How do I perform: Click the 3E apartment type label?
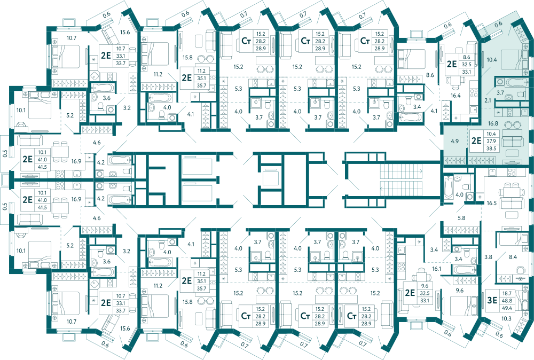492,300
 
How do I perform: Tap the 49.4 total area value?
507,308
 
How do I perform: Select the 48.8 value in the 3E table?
507,300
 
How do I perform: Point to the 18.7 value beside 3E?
507,293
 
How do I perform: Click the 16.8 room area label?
493,123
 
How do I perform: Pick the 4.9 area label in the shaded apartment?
454,140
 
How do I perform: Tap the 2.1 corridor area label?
488,100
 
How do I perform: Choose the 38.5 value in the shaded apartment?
491,148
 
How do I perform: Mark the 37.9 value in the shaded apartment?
491,141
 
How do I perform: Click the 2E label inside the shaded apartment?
476,140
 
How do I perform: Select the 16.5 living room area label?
491,203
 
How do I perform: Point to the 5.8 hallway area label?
461,218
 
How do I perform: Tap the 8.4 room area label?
513,257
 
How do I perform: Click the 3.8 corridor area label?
489,257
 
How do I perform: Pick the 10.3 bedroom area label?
506,318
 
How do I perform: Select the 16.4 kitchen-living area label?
456,96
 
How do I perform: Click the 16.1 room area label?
437,268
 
